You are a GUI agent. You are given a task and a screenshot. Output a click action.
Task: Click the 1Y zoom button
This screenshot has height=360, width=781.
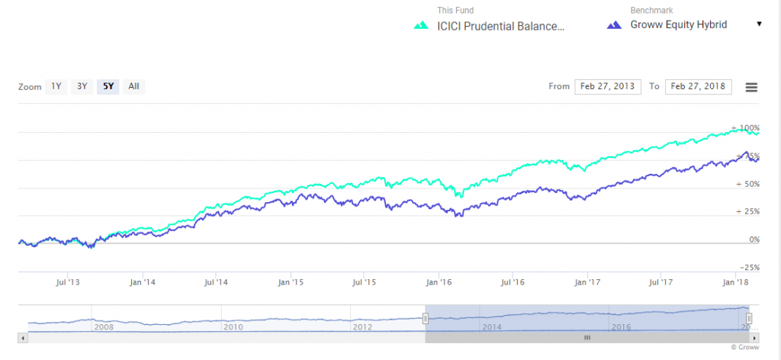pos(56,86)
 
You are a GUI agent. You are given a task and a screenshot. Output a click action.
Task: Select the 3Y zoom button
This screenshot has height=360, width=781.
pos(82,86)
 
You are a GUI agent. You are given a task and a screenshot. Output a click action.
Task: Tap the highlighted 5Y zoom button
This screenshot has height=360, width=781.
pos(108,86)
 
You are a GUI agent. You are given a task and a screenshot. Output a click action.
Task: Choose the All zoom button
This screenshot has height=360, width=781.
pos(133,86)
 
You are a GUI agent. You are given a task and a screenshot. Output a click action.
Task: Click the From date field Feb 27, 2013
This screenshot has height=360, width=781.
pos(608,86)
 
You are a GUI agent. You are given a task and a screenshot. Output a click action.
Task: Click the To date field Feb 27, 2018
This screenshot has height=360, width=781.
pos(698,86)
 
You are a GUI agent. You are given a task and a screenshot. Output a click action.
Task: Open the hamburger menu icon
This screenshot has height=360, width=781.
pos(751,87)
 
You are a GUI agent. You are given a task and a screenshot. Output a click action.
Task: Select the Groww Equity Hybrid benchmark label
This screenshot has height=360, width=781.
pos(678,24)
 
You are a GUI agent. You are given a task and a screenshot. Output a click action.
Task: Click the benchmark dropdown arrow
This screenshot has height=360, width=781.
pos(759,24)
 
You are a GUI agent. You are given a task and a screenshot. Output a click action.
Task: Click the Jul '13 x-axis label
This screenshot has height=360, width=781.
pos(68,282)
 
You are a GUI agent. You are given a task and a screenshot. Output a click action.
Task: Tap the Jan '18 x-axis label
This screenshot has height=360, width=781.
pos(735,282)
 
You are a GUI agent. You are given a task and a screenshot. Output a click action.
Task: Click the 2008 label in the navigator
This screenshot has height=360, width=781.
pos(102,326)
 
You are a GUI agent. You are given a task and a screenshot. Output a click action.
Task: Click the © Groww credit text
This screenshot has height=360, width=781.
pos(744,347)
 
